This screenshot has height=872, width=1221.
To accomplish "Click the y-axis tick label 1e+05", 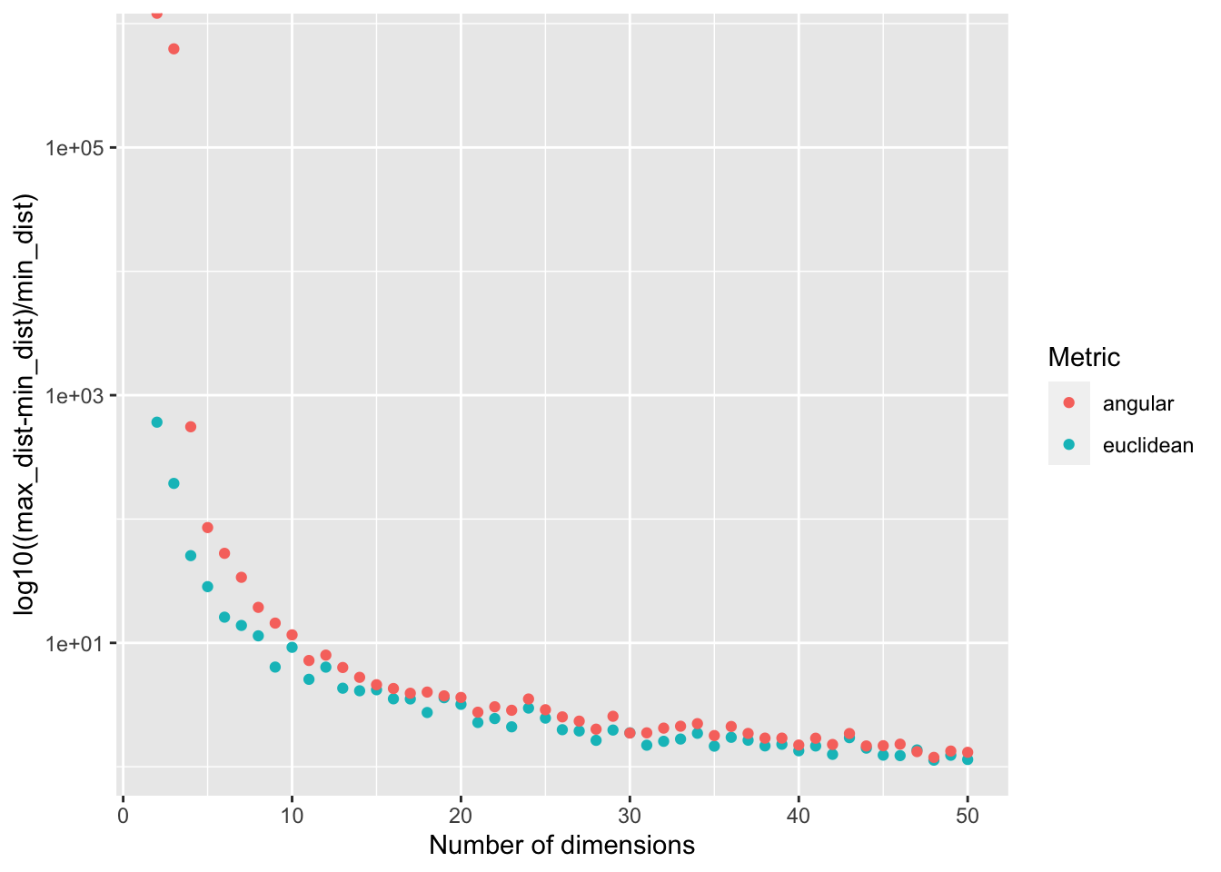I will [x=74, y=148].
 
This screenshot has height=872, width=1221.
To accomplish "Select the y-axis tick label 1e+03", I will [x=74, y=396].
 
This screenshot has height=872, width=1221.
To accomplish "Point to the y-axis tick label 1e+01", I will [x=74, y=644].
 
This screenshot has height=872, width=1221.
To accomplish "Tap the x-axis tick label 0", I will [x=123, y=816].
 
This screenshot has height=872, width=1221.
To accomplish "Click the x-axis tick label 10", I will [x=292, y=816].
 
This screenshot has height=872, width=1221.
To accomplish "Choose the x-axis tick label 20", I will [x=461, y=816].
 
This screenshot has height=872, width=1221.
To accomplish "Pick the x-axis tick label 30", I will [x=630, y=816].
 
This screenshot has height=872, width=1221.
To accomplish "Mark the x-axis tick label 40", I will [x=799, y=816].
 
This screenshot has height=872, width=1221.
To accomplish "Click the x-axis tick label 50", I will [x=968, y=816].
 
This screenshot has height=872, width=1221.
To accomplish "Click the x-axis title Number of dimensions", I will [x=561, y=846].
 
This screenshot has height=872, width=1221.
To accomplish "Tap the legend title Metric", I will [x=1084, y=357].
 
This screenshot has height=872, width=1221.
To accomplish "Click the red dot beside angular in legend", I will [x=1069, y=403].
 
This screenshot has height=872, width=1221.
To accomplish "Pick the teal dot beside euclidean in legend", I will [x=1069, y=445].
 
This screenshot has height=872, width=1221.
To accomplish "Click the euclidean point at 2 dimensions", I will [x=156, y=422].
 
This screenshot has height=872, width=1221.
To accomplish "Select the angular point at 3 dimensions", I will [x=174, y=49].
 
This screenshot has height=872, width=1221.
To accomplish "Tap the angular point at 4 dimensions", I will [x=191, y=427].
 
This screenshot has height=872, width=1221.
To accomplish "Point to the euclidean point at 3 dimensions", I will [x=174, y=484].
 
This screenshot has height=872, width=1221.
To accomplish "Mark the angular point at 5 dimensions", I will [x=207, y=528].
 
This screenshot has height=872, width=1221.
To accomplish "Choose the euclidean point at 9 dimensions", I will [x=275, y=668].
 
